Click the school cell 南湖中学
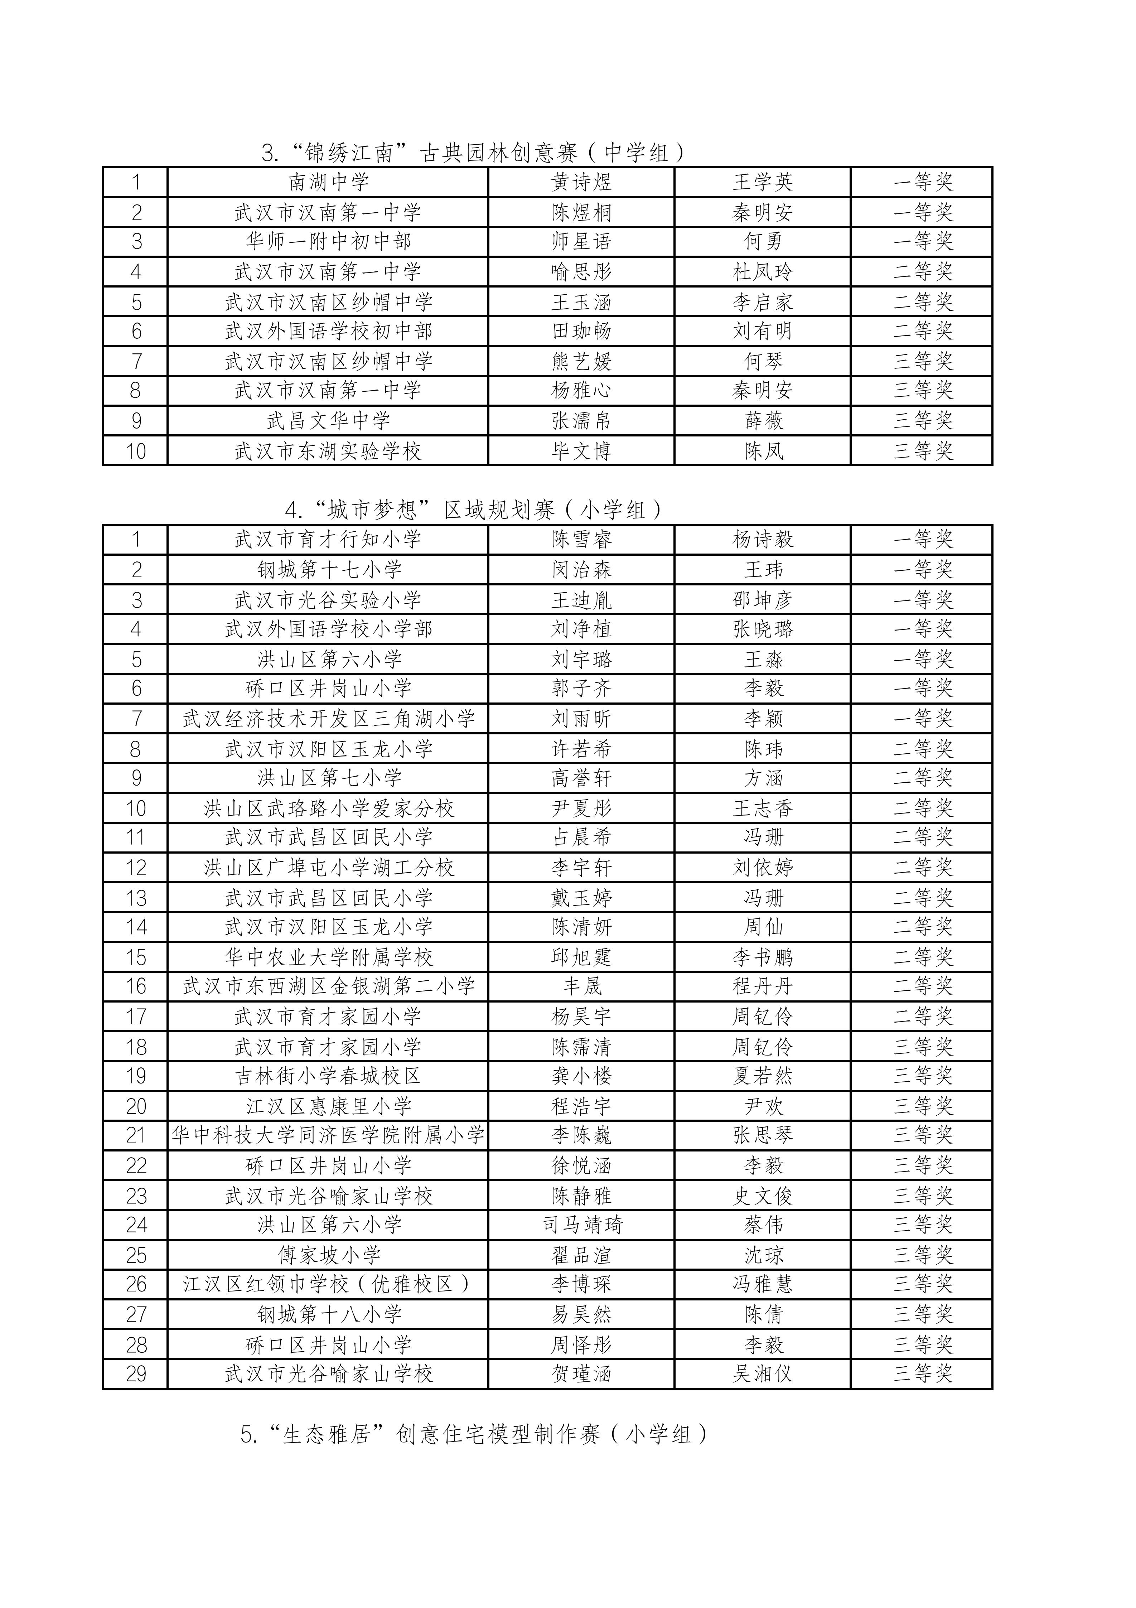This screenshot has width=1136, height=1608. pyautogui.click(x=328, y=182)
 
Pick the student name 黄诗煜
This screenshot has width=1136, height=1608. pyautogui.click(x=581, y=182)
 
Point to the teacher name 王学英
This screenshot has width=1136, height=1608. pyautogui.click(x=763, y=182)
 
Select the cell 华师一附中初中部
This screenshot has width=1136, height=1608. pyautogui.click(x=328, y=242)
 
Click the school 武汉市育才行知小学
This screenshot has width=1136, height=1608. pyautogui.click(x=328, y=539)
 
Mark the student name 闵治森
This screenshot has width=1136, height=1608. pyautogui.click(x=581, y=569)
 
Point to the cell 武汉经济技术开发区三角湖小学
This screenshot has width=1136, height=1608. pyautogui.click(x=328, y=719)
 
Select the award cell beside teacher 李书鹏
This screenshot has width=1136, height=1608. pyautogui.click(x=922, y=957)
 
